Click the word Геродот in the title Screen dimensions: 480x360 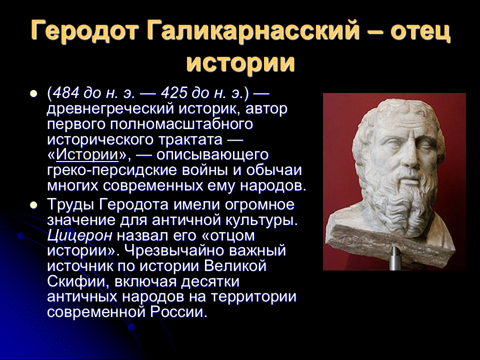(x=83, y=30)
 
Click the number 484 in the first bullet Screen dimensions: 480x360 (x=66, y=92)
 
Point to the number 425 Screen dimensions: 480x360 (x=174, y=92)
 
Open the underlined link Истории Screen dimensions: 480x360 (x=87, y=154)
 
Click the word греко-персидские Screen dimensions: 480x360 (x=112, y=170)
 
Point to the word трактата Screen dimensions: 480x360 (x=190, y=140)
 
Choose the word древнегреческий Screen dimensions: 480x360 (x=111, y=108)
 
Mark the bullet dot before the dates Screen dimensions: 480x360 (x=33, y=93)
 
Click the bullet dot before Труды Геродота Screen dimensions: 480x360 (x=33, y=205)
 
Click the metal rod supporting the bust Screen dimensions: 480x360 (x=395, y=258)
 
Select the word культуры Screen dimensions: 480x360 (x=261, y=220)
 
